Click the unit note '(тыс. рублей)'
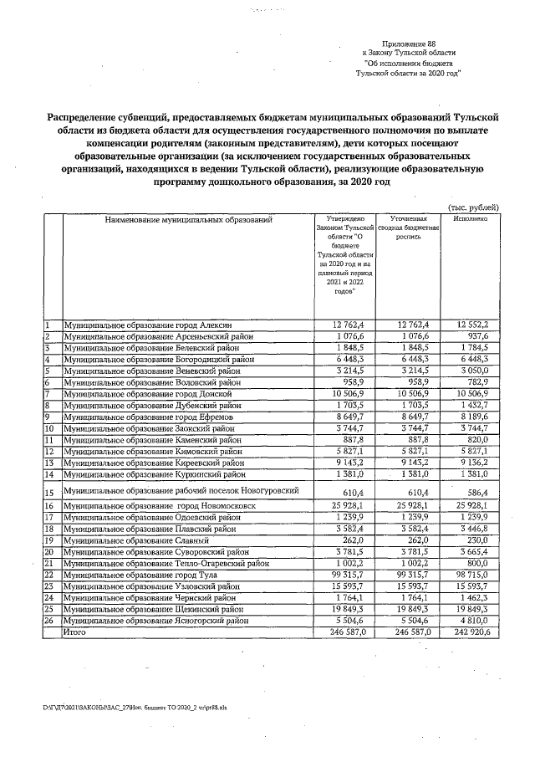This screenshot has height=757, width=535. point(474,207)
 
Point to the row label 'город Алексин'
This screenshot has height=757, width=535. point(147,325)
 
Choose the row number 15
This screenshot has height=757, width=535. point(49,493)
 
